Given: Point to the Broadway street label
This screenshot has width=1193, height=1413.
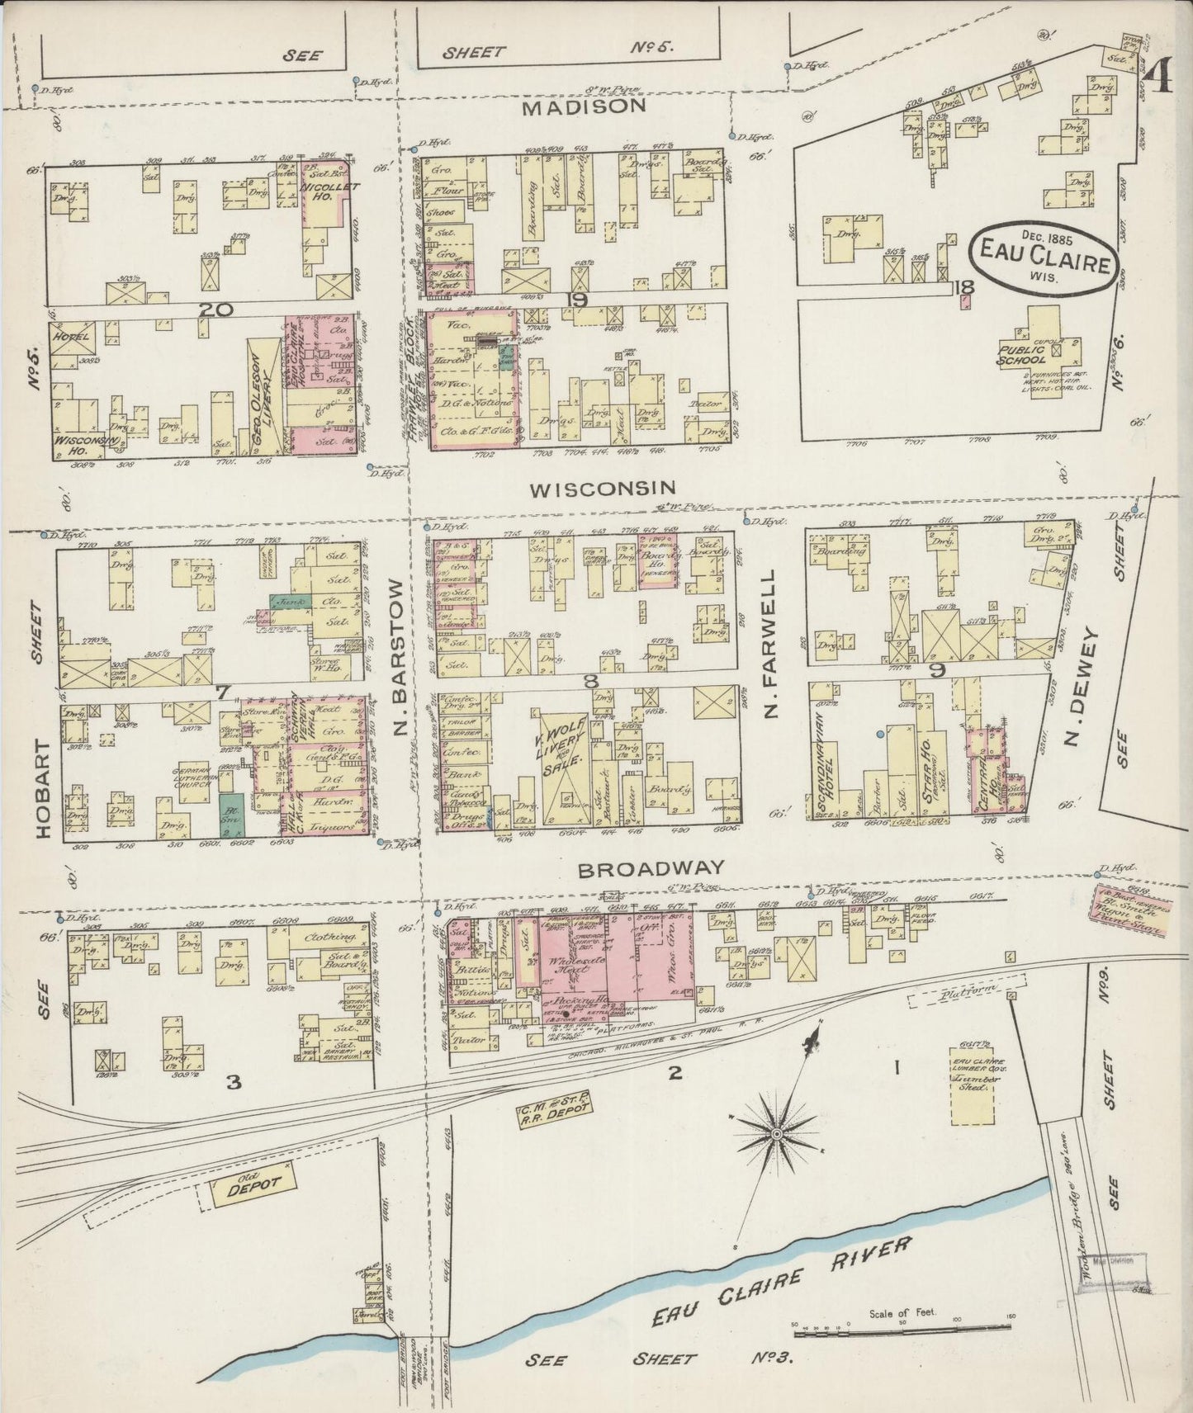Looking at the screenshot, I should point(651,868).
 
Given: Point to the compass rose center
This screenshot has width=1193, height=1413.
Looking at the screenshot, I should point(775,1137).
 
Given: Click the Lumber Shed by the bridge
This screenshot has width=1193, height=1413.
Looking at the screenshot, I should point(978,1074).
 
